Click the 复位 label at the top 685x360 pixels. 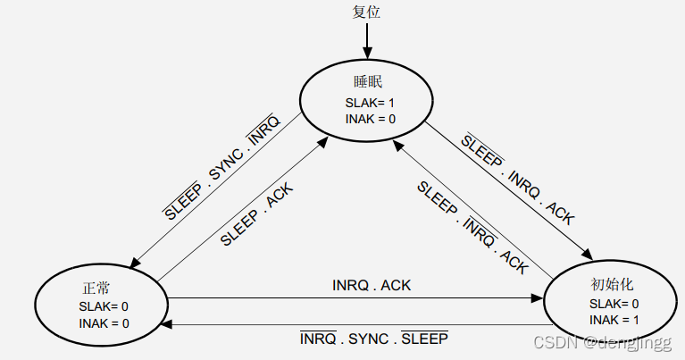(367, 12)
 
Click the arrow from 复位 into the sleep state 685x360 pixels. (367, 40)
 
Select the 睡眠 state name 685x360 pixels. (367, 82)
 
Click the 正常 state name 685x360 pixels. (96, 289)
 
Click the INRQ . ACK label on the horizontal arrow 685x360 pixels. (372, 286)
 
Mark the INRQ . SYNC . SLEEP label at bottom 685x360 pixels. (373, 339)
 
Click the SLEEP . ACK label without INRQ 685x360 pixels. (256, 215)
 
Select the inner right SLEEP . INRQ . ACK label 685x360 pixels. (473, 229)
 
